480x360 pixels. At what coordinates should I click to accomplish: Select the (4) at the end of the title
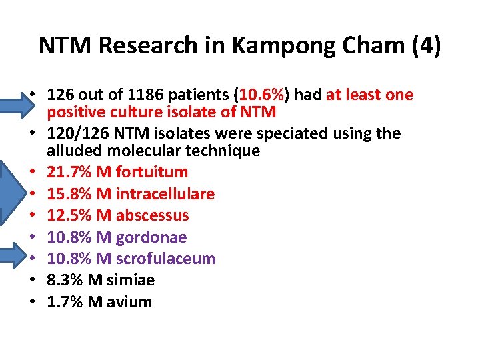point(425,46)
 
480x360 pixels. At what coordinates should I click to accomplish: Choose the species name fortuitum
point(151,172)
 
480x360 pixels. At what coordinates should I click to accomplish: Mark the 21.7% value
point(69,172)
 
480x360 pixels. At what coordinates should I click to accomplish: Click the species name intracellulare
point(165,194)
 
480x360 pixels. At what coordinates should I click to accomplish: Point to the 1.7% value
point(65,302)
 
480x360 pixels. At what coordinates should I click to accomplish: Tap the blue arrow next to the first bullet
point(13,95)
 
